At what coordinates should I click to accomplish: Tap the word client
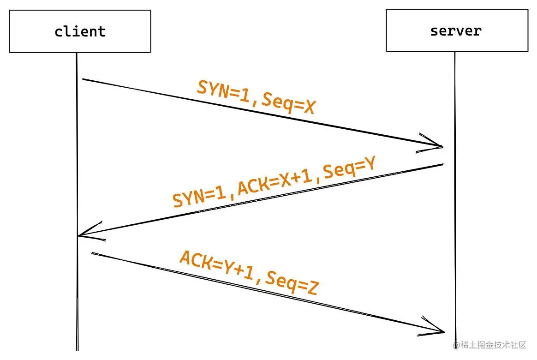80,31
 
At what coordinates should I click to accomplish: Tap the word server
456,31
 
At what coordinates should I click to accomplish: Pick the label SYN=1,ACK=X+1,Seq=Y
274,182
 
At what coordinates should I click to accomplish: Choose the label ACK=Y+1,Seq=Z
249,273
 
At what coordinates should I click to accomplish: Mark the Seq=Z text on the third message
292,283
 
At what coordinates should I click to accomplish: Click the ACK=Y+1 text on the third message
217,265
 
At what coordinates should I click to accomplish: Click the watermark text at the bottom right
490,345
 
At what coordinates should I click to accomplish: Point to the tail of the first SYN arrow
83,79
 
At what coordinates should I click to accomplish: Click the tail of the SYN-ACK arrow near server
443,164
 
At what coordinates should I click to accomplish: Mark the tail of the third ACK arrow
92,253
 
